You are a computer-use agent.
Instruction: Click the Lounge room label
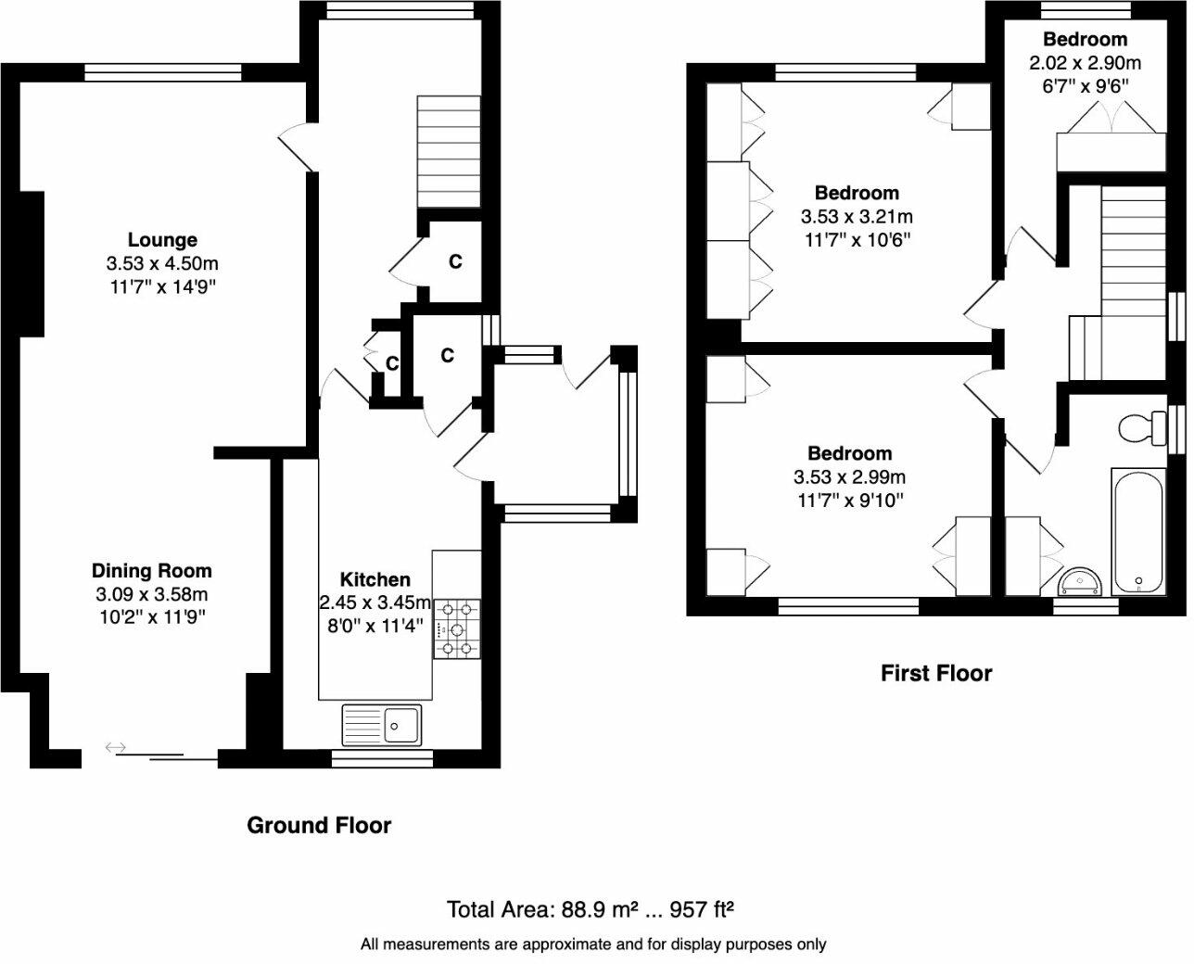coord(162,241)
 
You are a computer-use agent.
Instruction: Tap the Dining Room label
coord(151,571)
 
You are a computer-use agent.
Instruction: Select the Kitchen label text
coord(375,579)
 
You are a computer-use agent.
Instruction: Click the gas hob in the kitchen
coord(458,628)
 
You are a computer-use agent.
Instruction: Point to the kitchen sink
coord(382,724)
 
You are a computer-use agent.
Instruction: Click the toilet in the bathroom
coord(1140,428)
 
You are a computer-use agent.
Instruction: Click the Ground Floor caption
coord(319,825)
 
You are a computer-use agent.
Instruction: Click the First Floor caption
coord(935,673)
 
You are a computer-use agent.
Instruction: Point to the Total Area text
coord(591,909)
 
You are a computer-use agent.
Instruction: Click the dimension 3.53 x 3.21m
coord(856,217)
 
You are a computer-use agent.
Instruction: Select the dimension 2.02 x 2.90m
coord(1085,63)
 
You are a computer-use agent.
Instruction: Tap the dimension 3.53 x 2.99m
coord(849,477)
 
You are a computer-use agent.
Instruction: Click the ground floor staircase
coord(449,152)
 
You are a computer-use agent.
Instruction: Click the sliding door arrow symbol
coord(116,747)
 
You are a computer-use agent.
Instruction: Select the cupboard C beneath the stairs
coord(454,262)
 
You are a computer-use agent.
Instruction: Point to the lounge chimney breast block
coord(30,264)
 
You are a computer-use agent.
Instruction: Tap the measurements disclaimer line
coord(593,945)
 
